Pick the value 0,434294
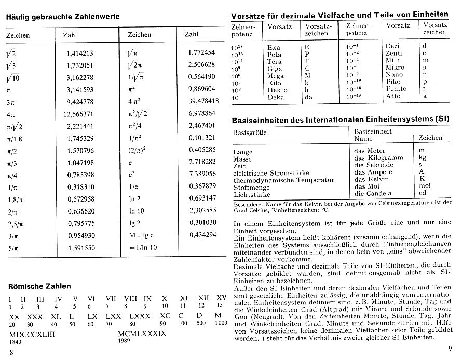tap(202, 235)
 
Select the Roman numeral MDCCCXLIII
tap(32, 334)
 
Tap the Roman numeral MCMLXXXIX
tap(142, 334)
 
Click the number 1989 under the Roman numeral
tap(125, 342)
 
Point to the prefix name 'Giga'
tap(275, 68)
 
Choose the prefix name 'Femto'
tap(396, 89)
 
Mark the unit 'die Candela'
tap(374, 193)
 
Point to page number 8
tap(11, 353)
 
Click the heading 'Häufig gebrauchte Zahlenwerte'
tap(63, 17)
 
